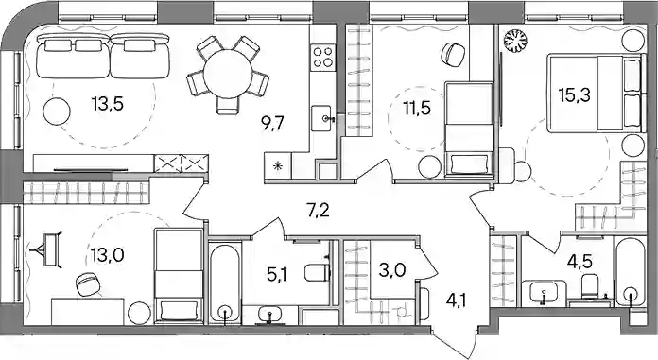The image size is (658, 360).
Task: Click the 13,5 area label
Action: pyautogui.click(x=108, y=103)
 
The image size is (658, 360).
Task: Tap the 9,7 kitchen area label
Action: pyautogui.click(x=272, y=124)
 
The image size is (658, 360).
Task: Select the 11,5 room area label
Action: pyautogui.click(x=417, y=109)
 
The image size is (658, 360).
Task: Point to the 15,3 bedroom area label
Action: pyautogui.click(x=575, y=95)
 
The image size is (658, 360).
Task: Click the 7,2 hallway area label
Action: pyautogui.click(x=318, y=210)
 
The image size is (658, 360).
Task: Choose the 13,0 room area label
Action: pyautogui.click(x=107, y=254)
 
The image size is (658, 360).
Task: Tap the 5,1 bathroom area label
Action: pyautogui.click(x=278, y=275)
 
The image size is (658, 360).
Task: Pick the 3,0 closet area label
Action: pyautogui.click(x=392, y=270)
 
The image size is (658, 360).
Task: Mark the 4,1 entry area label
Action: pyautogui.click(x=457, y=300)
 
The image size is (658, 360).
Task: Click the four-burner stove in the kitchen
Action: pyautogui.click(x=323, y=58)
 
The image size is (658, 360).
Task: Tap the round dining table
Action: pyautogui.click(x=228, y=75)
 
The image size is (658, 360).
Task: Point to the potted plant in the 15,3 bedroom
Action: pyautogui.click(x=515, y=42)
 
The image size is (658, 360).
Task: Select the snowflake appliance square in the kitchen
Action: pyautogui.click(x=278, y=166)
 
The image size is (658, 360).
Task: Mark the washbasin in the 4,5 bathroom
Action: pyautogui.click(x=544, y=292)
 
